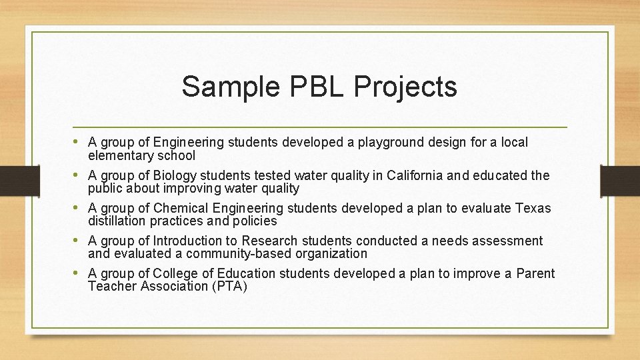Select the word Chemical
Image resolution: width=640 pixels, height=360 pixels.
(179, 208)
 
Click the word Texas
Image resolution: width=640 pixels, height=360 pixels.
(533, 208)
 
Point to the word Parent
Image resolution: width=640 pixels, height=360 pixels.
(535, 273)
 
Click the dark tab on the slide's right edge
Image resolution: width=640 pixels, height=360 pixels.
(620, 180)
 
